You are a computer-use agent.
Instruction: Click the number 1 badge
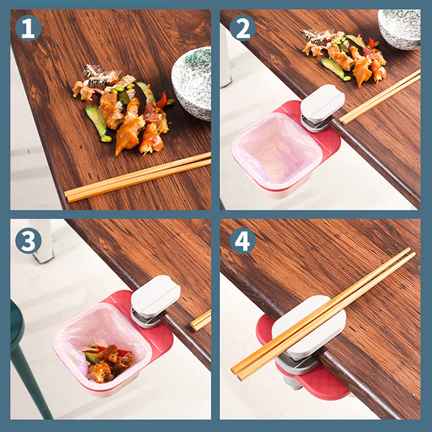click(29, 28)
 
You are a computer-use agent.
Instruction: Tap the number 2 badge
click(242, 28)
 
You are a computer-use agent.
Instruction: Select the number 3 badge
click(29, 240)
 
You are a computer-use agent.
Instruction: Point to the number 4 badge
click(242, 240)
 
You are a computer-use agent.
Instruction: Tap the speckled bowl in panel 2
click(400, 29)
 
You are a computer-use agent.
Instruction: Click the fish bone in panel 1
click(102, 74)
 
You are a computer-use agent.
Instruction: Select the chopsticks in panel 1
click(138, 178)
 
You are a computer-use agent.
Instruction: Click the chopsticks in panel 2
click(380, 97)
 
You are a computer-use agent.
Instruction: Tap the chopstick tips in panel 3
click(200, 320)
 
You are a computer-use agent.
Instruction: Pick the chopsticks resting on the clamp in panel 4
click(323, 314)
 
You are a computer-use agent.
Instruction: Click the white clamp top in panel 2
click(322, 103)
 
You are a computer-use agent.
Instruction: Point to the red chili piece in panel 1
click(162, 100)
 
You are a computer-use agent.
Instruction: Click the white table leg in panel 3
click(44, 240)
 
